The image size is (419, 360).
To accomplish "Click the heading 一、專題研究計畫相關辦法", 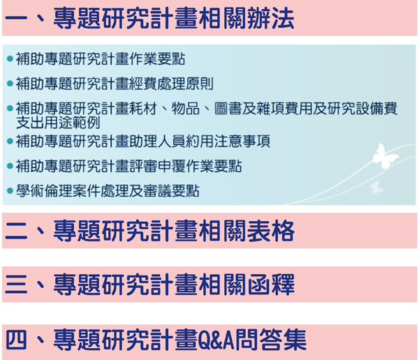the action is [149, 18].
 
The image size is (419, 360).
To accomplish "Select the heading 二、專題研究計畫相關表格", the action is [149, 231].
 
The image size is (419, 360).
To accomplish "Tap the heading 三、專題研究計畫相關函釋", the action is [149, 285].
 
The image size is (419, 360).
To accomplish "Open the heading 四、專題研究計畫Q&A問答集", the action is [156, 340].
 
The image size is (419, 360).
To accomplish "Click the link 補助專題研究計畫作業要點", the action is [100, 59].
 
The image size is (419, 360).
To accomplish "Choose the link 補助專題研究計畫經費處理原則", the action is [115, 84].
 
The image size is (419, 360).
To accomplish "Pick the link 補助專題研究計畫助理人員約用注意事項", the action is [143, 141].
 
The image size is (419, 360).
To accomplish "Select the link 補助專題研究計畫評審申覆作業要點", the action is [128, 166].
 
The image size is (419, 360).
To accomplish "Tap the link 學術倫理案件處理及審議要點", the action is [108, 191].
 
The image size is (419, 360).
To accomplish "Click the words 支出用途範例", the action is [58, 123].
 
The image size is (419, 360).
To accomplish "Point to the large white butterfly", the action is [385, 156].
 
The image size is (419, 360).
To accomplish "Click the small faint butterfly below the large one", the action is [376, 187].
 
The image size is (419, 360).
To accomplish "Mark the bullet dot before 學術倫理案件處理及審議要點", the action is [10, 191].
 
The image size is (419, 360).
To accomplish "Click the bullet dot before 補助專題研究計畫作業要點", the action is [10, 59].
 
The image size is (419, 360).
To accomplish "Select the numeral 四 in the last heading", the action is [16, 340].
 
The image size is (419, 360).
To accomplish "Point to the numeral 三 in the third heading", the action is [16, 285].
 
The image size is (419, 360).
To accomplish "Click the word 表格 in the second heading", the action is [271, 231].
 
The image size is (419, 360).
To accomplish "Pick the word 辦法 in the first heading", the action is [271, 18].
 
